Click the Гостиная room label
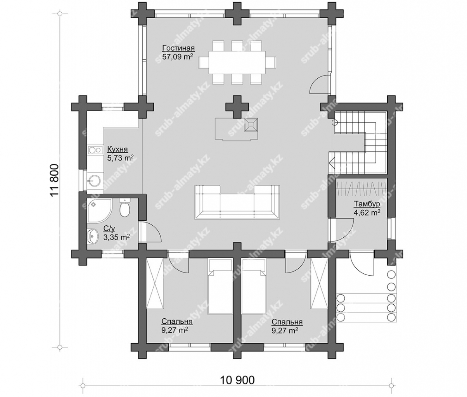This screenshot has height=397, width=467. pos(178,48)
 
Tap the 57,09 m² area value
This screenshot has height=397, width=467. pos(178,57)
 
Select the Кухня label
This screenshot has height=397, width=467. pos(117,149)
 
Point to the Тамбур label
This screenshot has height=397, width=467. pos(367,204)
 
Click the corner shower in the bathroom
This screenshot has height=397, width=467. pos(99,211)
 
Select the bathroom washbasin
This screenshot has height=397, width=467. pos(92,236)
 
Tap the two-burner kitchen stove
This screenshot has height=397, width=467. pos(95,150)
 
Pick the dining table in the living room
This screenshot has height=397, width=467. pos(237,62)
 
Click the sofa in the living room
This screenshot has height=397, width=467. pos(237,202)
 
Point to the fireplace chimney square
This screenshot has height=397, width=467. pos(251,124)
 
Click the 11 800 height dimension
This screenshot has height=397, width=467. pos(55,180)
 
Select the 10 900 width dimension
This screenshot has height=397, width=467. pos(237,380)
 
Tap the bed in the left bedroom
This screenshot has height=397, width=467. pos(220,287)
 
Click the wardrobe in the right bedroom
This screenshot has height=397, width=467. pos(319,284)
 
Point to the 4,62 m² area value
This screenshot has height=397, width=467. pos(367,212)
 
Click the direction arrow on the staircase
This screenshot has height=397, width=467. pos(332,162)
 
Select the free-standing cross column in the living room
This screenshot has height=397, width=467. pos(237,107)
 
